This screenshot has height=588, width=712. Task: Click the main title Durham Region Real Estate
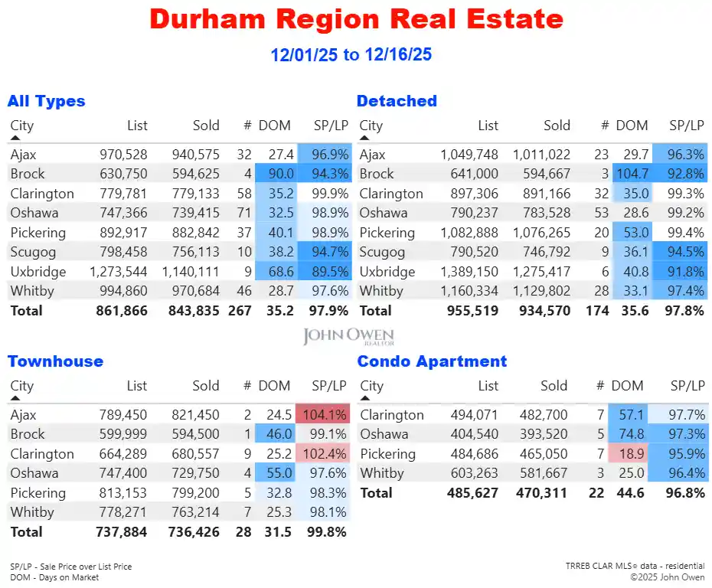click(356, 19)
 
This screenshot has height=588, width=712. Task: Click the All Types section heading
click(46, 101)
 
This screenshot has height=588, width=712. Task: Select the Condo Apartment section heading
click(432, 361)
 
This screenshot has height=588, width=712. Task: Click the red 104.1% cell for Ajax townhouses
click(322, 415)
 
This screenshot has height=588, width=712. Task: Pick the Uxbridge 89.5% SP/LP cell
click(322, 272)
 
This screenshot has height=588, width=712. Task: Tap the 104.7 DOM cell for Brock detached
click(631, 174)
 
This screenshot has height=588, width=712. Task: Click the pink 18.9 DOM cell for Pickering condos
click(631, 454)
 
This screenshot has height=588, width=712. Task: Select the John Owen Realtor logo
click(348, 337)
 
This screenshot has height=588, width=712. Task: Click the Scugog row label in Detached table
click(382, 253)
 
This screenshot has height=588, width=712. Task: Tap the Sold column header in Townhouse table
click(206, 386)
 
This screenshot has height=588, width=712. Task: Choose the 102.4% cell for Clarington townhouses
click(322, 454)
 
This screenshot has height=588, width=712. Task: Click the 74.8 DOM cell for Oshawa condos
click(631, 435)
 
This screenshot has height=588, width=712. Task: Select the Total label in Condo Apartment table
click(376, 493)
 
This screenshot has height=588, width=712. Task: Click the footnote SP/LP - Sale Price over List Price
click(70, 567)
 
